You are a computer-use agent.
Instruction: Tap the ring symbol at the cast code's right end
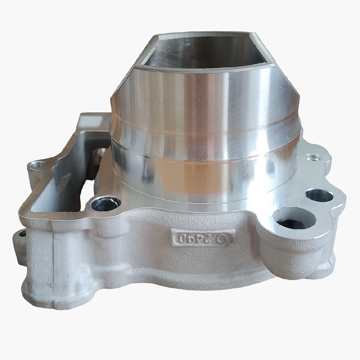tap(226, 239)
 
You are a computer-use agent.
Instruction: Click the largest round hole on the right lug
tap(294, 219)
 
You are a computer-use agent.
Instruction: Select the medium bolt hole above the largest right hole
tap(319, 195)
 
